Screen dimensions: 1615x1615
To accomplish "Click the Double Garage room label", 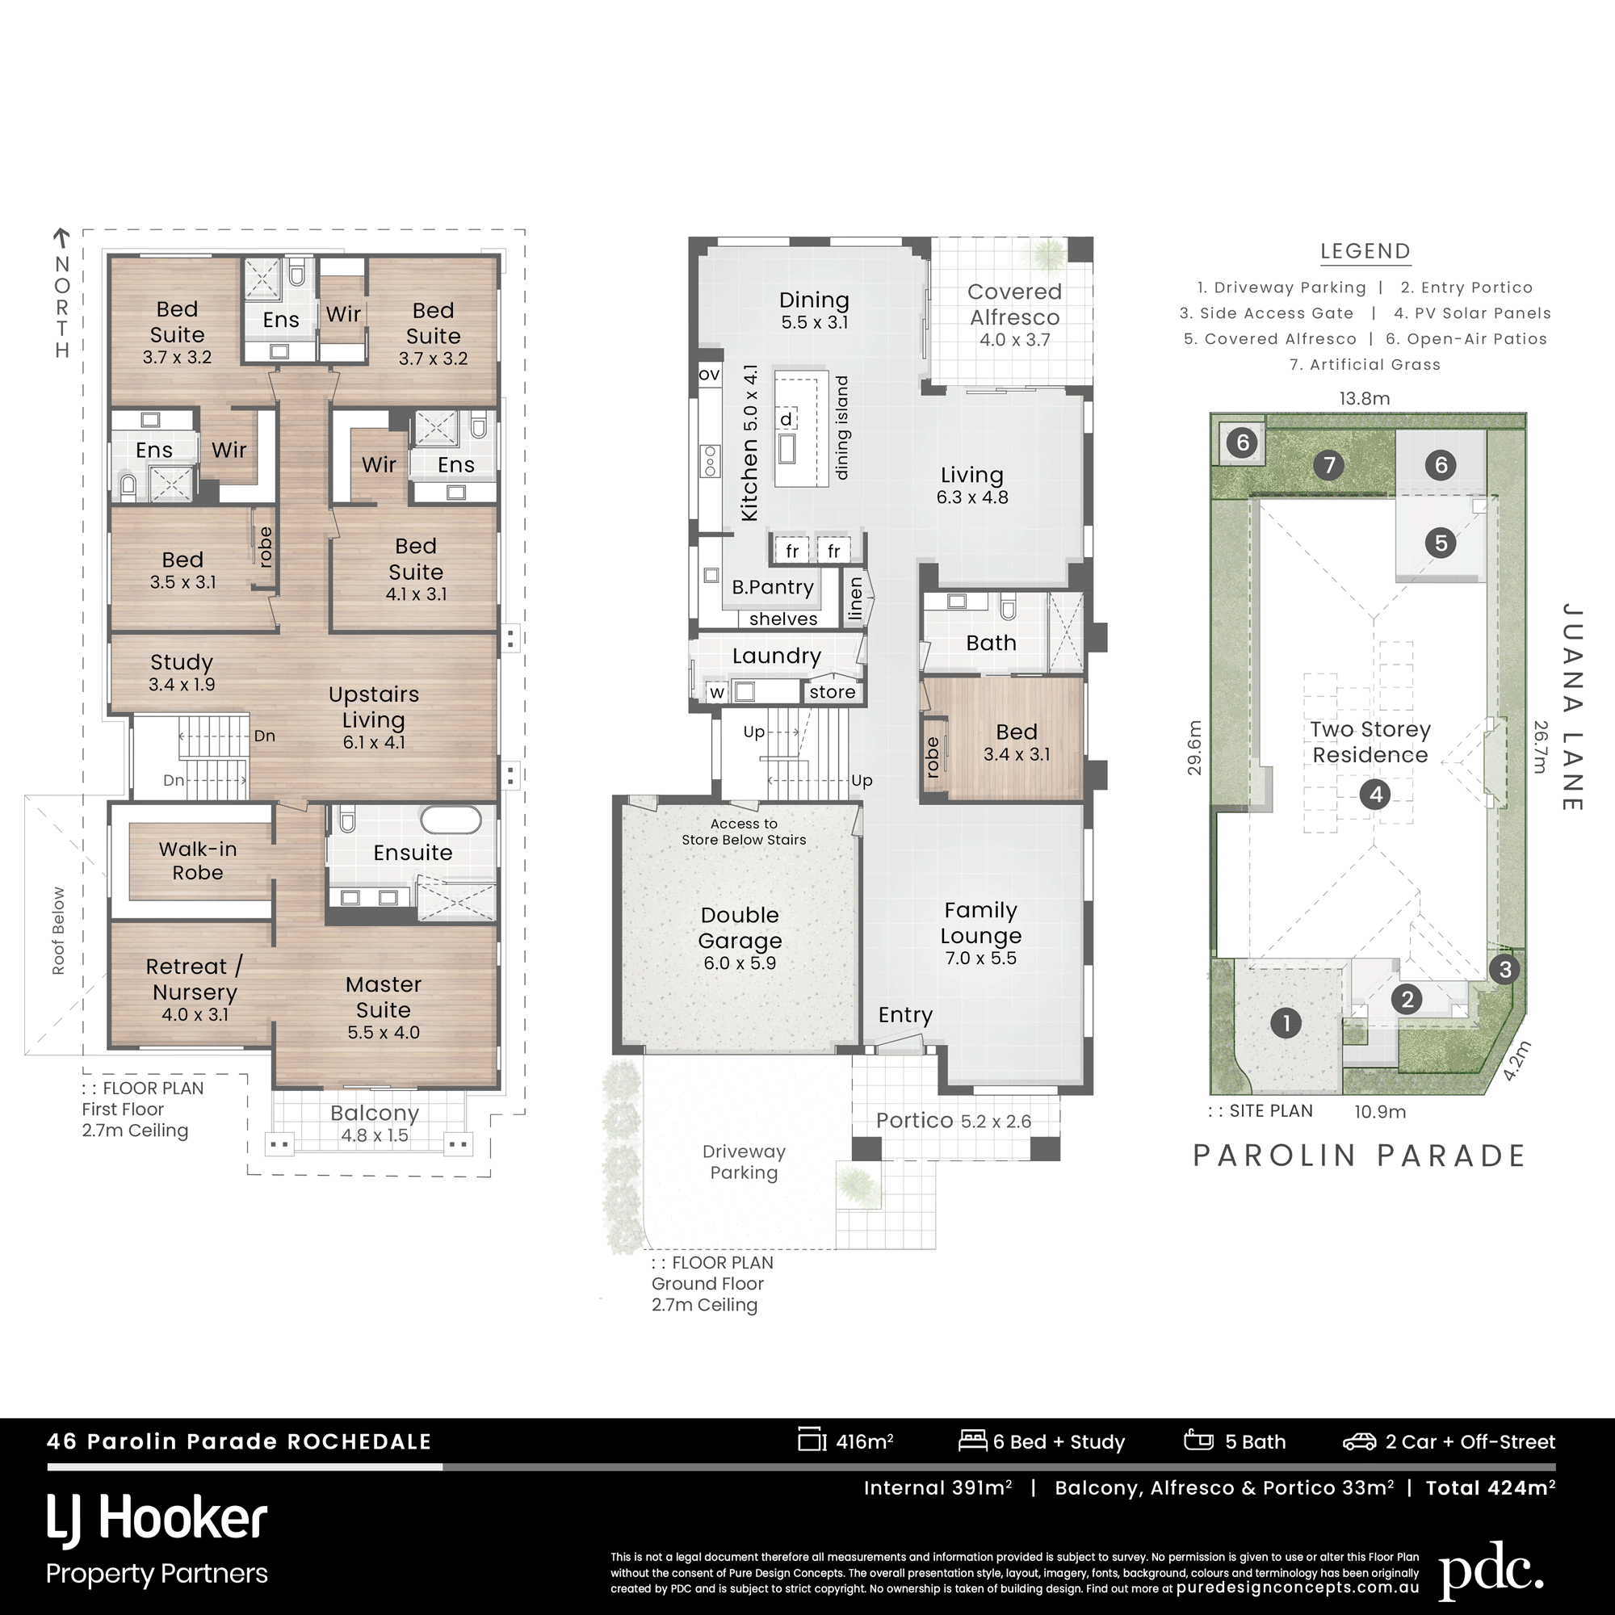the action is [x=740, y=928].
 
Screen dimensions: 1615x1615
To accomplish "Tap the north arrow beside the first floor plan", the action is [x=61, y=238].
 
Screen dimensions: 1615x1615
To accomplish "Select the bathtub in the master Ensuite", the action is [x=451, y=819].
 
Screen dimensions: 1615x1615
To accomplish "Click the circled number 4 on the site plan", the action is [x=1376, y=794].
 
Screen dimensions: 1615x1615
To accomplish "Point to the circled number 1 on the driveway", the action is [x=1286, y=1022].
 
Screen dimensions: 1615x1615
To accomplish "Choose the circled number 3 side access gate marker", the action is [x=1504, y=970].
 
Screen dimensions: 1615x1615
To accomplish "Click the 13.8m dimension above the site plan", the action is [x=1364, y=399].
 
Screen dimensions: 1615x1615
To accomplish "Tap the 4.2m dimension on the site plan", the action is [x=1517, y=1061].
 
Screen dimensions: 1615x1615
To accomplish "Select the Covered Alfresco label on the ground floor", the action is [x=1014, y=304].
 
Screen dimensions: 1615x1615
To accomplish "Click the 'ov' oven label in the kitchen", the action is [x=709, y=374].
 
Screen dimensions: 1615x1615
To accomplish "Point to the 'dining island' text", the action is [x=841, y=427].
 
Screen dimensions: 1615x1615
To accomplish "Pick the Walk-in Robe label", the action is [x=198, y=861].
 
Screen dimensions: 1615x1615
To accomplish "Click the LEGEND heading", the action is [x=1365, y=251].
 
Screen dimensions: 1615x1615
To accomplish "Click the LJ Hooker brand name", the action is [x=157, y=1519].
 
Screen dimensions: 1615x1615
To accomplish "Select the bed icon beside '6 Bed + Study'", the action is [x=973, y=1440].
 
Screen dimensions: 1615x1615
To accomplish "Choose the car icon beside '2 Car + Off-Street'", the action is [x=1359, y=1442].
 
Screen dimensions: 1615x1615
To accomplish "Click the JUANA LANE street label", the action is [x=1571, y=707].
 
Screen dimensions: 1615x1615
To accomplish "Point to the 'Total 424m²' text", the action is [x=1491, y=1488].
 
